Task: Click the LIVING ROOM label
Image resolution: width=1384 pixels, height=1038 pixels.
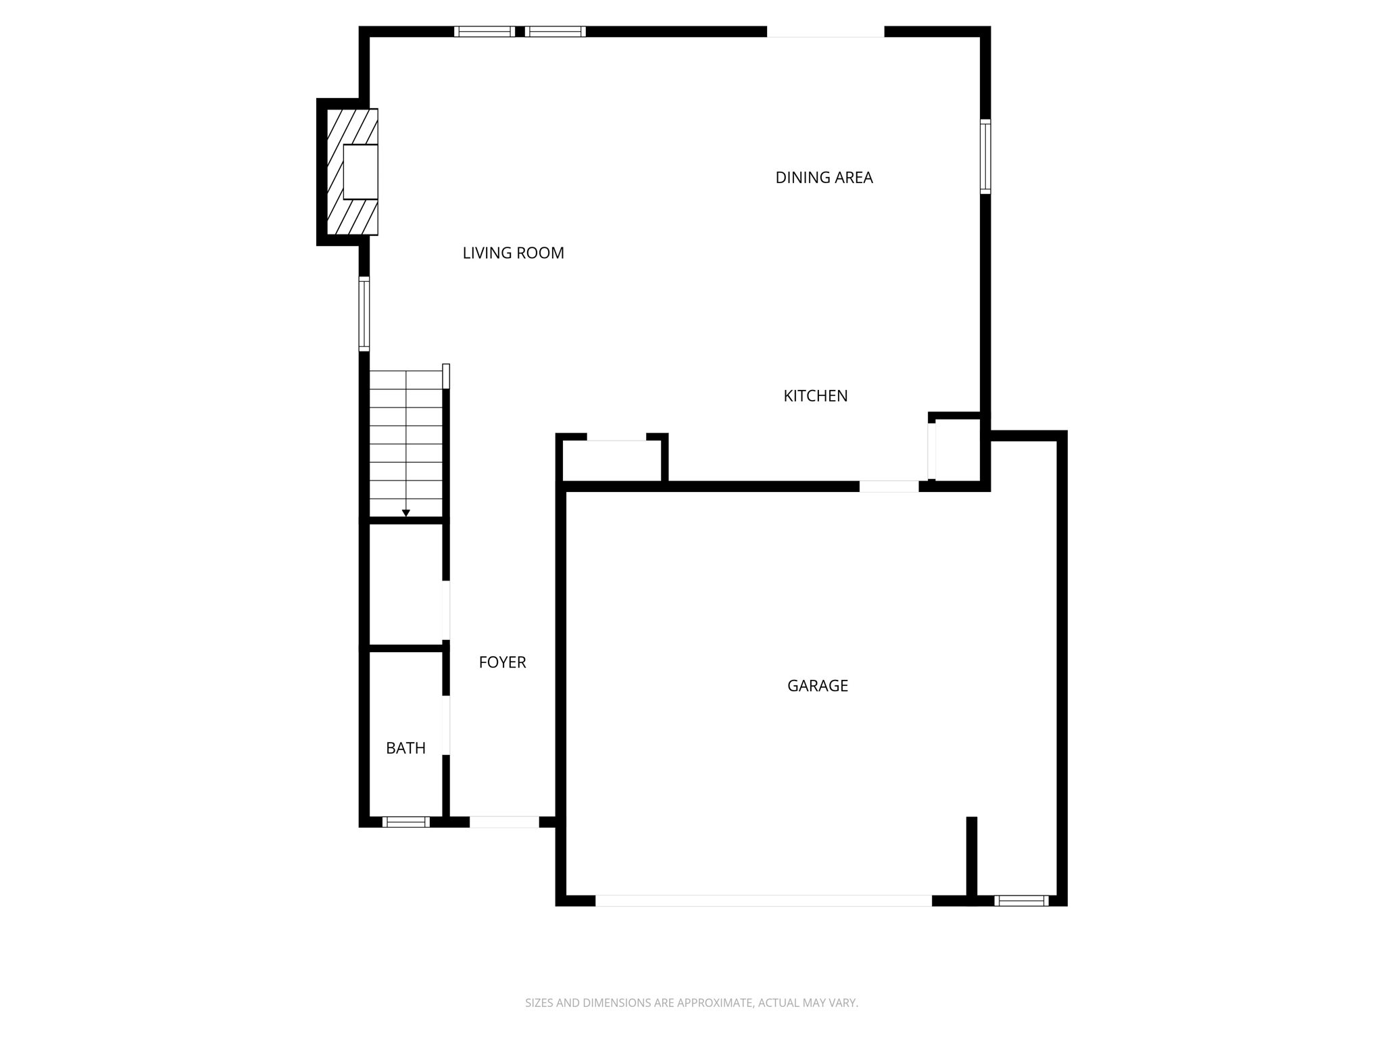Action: click(513, 253)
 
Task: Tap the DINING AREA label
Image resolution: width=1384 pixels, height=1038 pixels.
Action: click(824, 178)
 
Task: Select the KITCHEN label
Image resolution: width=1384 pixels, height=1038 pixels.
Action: click(815, 396)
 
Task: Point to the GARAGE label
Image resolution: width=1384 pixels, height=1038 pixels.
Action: click(817, 686)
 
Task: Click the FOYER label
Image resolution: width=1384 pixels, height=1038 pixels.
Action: click(502, 662)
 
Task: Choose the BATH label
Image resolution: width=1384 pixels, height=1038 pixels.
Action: click(405, 748)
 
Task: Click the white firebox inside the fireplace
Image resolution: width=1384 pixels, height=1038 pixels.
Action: click(360, 172)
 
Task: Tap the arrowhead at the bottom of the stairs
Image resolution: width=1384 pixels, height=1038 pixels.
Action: click(406, 513)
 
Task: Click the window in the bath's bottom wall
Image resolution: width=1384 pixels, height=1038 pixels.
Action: click(405, 822)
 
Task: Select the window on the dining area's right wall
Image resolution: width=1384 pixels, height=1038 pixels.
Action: click(985, 157)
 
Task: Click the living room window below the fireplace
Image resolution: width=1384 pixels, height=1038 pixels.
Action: click(364, 314)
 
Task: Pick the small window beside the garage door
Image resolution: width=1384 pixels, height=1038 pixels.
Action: click(1021, 900)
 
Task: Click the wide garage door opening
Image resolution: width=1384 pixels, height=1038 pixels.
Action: click(763, 900)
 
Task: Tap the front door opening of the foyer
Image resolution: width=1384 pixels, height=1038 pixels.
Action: click(504, 822)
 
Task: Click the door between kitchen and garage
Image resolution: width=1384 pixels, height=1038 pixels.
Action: click(889, 486)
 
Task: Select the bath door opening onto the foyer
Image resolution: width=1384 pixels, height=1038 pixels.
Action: click(446, 724)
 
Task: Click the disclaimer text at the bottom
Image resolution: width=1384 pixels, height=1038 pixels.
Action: click(691, 1003)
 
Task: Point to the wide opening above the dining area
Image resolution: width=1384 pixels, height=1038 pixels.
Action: click(825, 32)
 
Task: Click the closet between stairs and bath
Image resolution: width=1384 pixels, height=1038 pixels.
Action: click(405, 585)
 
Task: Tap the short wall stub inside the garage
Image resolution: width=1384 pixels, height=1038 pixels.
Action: click(971, 857)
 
